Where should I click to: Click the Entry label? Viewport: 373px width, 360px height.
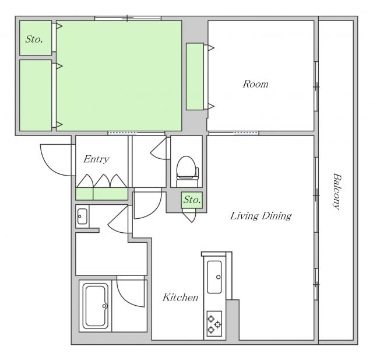click(96, 159)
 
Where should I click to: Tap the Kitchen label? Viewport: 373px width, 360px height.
click(180, 298)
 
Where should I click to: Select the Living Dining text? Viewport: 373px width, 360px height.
click(261, 216)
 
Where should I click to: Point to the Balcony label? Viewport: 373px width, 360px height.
click(337, 191)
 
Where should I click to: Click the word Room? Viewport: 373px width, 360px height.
click(255, 84)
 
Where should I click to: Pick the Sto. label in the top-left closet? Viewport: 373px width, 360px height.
click(34, 39)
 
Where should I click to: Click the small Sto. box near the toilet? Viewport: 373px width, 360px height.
click(192, 200)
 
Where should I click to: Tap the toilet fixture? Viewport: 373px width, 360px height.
click(187, 171)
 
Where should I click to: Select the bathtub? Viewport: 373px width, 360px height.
click(96, 306)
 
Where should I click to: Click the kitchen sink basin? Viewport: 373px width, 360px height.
click(214, 277)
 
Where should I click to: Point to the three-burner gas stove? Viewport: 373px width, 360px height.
click(214, 324)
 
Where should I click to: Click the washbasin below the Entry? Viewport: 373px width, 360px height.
click(82, 216)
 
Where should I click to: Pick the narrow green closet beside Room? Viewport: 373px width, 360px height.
click(195, 76)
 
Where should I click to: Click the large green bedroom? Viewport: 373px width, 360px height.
click(119, 76)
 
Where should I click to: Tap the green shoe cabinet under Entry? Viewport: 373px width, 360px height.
click(102, 194)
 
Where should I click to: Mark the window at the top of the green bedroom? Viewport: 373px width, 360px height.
click(128, 18)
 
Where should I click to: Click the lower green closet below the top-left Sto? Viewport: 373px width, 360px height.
click(36, 95)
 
